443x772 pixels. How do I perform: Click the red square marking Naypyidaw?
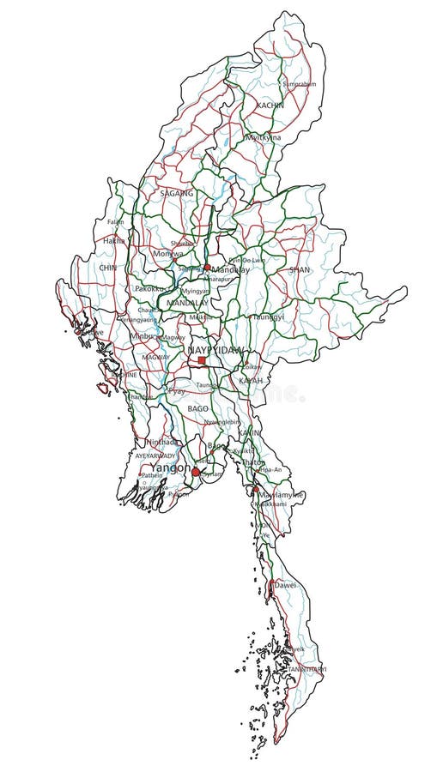202,361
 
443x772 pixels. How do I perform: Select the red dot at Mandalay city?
207,268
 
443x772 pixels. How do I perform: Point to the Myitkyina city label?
264,137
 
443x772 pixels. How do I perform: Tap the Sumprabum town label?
300,84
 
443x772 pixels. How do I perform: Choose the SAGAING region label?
177,194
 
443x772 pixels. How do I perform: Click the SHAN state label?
299,269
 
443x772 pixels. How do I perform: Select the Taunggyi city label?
265,317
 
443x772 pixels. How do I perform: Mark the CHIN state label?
107,268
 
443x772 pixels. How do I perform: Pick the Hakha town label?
113,241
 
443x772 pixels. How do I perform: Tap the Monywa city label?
167,254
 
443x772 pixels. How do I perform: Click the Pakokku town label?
150,289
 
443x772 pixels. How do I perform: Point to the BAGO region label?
198,409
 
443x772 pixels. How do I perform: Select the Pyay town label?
176,390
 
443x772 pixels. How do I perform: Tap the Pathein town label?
152,473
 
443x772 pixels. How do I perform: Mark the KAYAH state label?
251,379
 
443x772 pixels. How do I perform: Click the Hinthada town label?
164,442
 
